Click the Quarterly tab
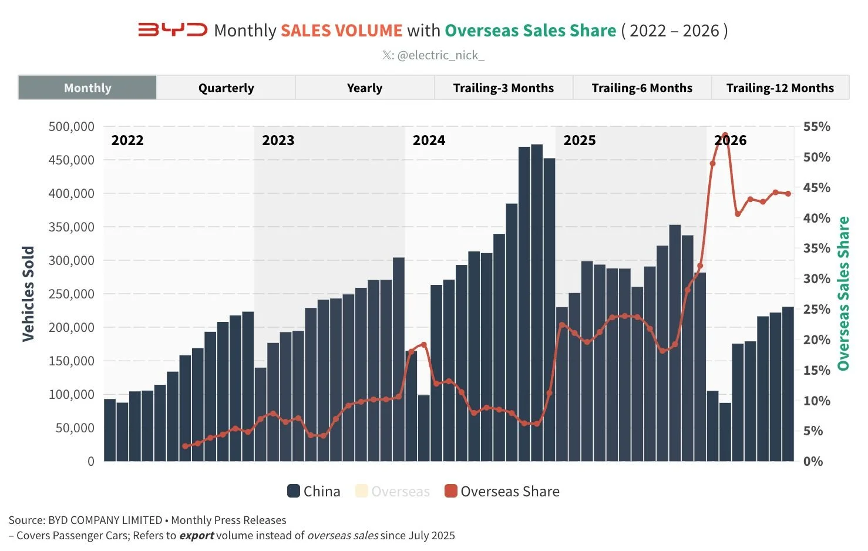point(226,88)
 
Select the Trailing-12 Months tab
point(780,88)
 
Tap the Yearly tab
point(365,88)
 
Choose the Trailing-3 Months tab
point(503,88)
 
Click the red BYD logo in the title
point(173,30)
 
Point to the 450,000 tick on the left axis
point(71,160)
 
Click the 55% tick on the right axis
point(816,126)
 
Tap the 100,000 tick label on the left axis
point(71,394)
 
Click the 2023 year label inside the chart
point(278,140)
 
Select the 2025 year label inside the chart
point(579,140)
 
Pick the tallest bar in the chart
point(537,303)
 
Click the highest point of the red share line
point(725,135)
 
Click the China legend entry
point(314,491)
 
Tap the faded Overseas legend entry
point(392,491)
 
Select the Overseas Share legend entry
point(502,491)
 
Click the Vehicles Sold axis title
point(28,294)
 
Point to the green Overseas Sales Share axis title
point(843,293)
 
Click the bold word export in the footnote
point(197,536)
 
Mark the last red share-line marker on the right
point(788,194)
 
